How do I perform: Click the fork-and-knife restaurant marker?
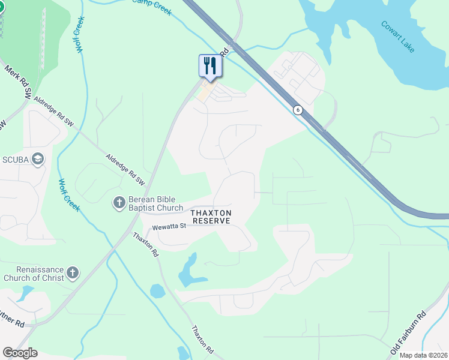coord(210,65)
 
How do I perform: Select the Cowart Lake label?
coord(397,37)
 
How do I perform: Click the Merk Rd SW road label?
coord(19,82)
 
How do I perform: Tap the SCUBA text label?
coord(15,158)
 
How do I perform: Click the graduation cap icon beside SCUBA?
coord(38,158)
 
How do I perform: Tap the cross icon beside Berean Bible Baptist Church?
coord(118,203)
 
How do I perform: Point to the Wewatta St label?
coord(170,227)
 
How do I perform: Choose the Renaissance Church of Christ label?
coord(32,274)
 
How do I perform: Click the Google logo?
coord(20,353)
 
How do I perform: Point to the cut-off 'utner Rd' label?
coord(12,323)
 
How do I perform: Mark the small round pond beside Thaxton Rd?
coord(157,292)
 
